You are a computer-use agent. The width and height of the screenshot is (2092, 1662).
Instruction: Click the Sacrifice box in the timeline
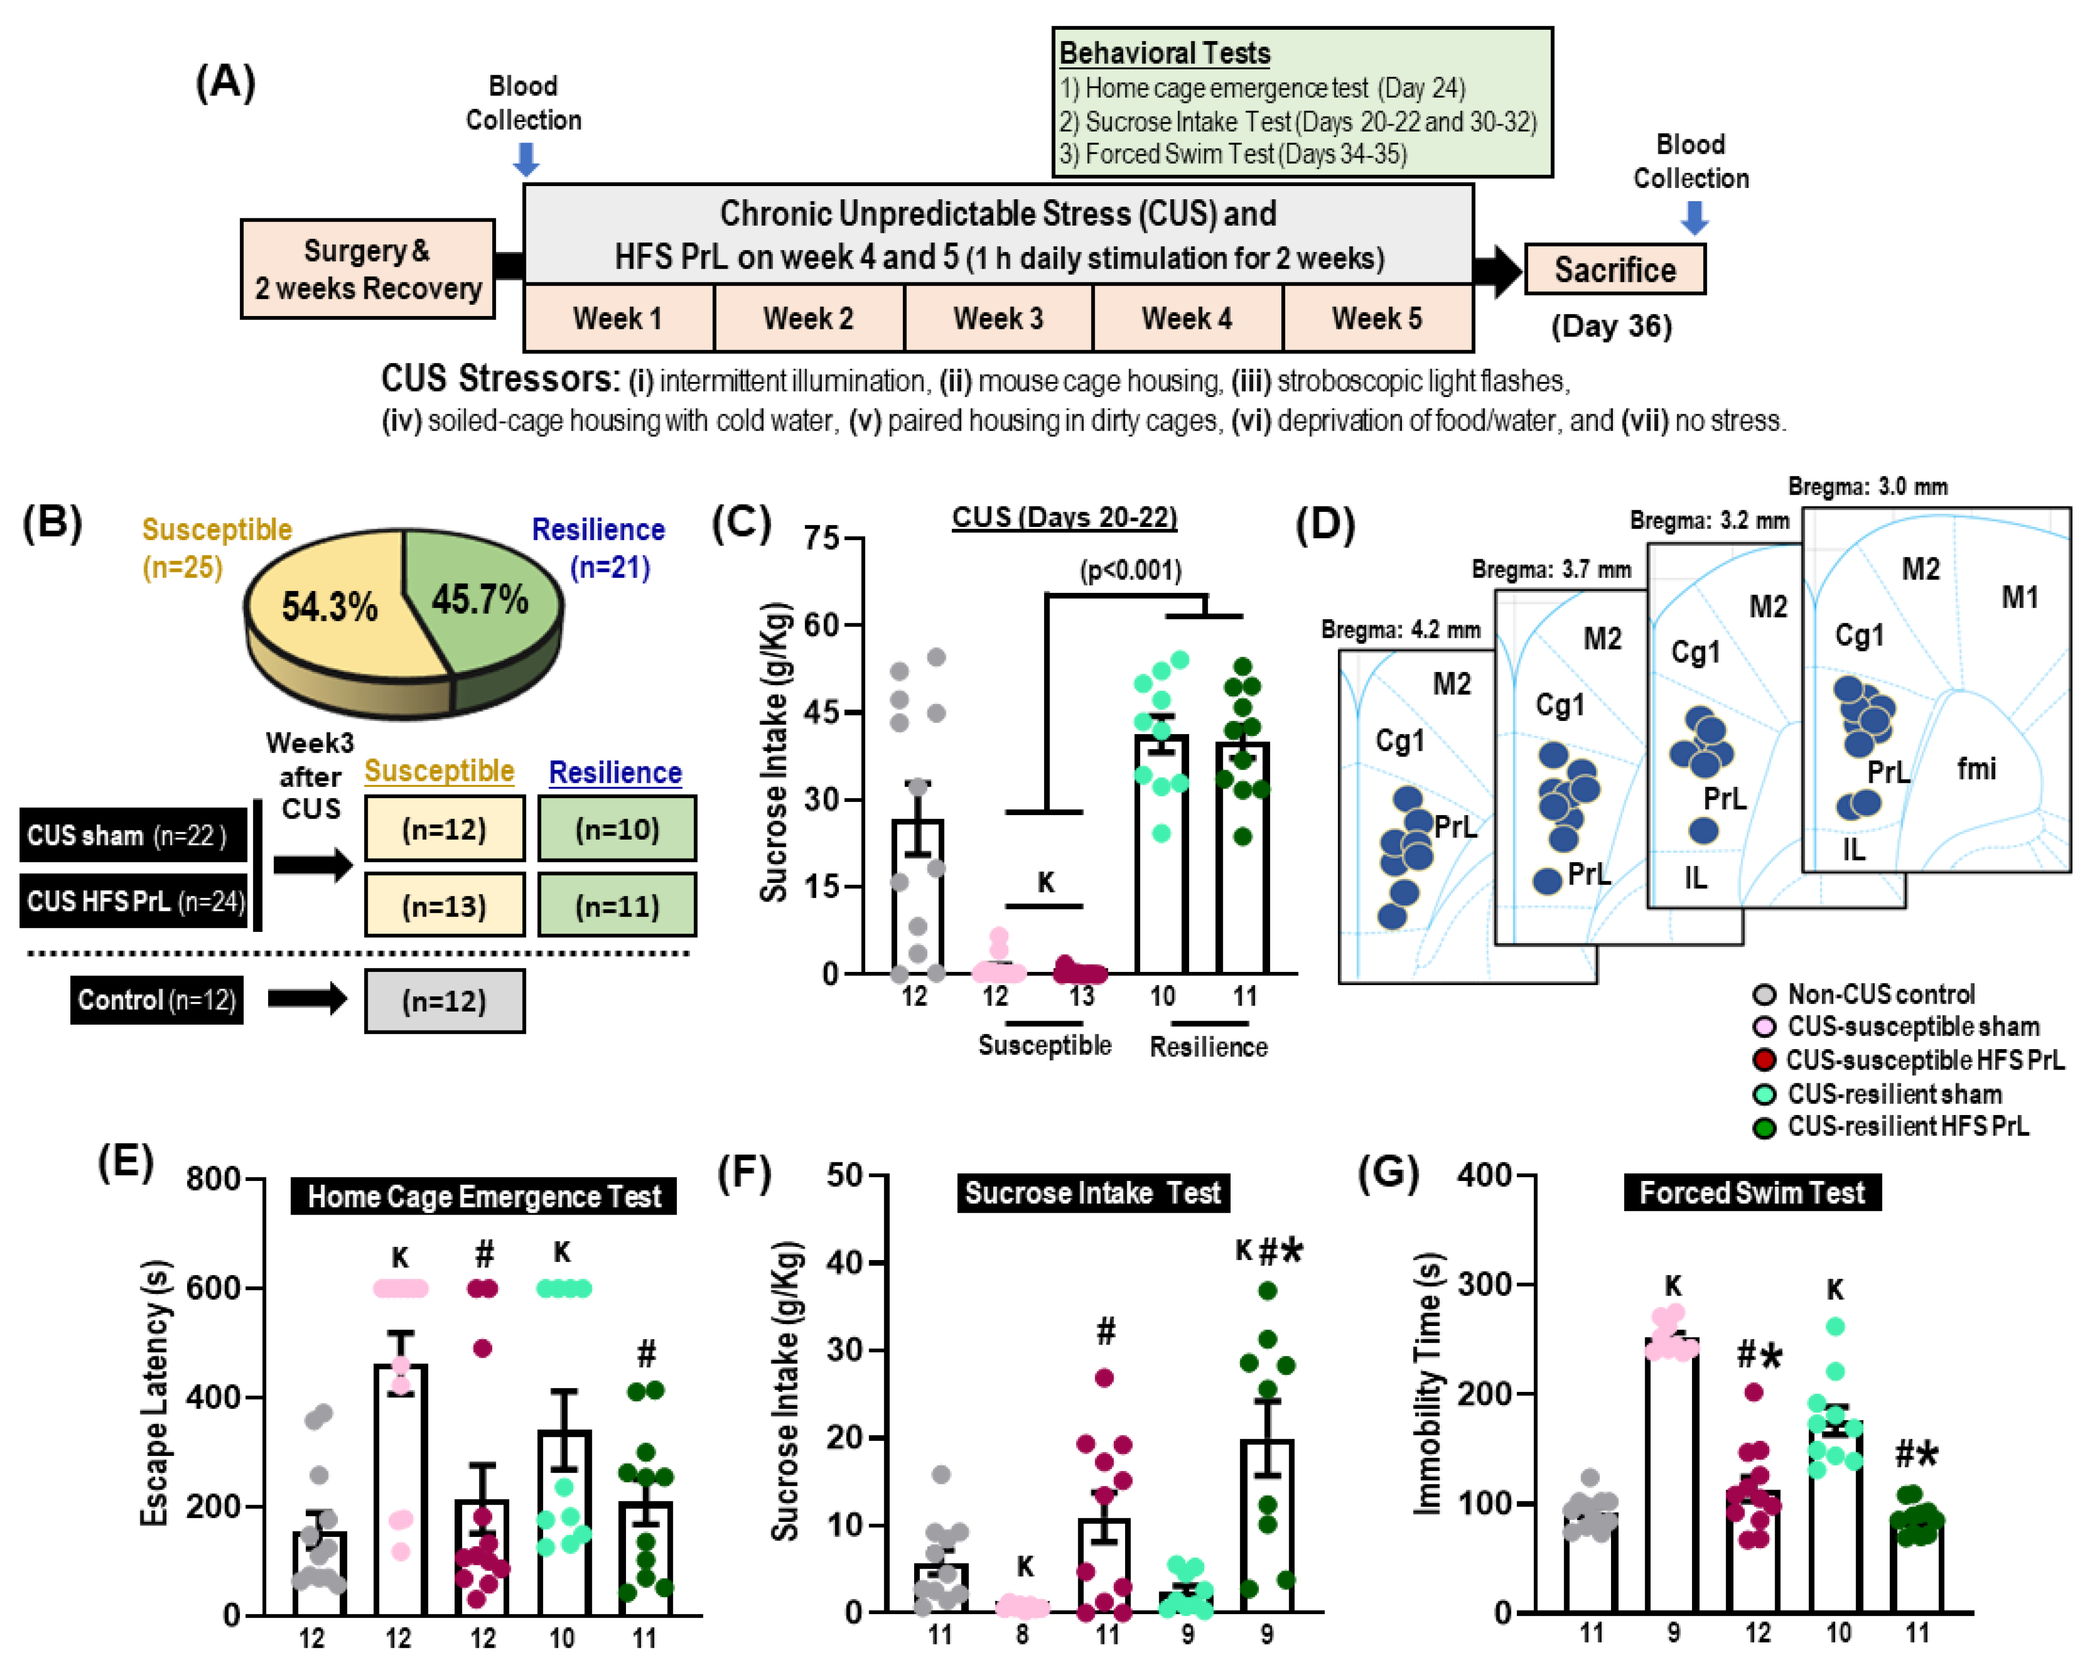point(1614,270)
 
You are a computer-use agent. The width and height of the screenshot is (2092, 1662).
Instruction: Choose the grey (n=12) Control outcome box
point(444,1000)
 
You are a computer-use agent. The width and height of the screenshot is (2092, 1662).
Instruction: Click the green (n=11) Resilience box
point(617,905)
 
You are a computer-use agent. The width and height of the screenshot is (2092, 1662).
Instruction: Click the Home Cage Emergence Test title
point(484,1196)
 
